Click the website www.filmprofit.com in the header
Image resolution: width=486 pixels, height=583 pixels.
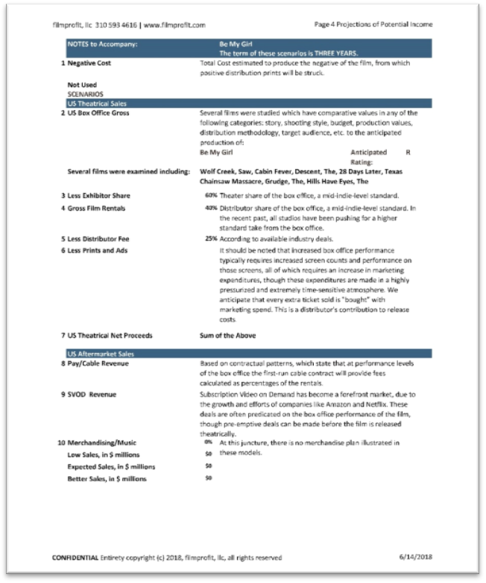coord(174,25)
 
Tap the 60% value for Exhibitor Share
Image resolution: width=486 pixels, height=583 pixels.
coord(211,195)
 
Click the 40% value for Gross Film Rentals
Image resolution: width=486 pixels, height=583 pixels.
coord(211,208)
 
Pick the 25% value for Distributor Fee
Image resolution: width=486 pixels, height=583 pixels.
coord(211,239)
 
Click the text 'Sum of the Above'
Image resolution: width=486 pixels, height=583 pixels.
coord(227,336)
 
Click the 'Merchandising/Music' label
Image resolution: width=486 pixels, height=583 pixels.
coord(102,442)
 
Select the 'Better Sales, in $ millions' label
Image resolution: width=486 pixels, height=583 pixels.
coord(107,478)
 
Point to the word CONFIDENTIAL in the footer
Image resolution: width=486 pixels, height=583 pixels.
coord(75,557)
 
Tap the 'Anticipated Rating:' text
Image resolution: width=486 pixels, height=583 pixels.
coord(368,156)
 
